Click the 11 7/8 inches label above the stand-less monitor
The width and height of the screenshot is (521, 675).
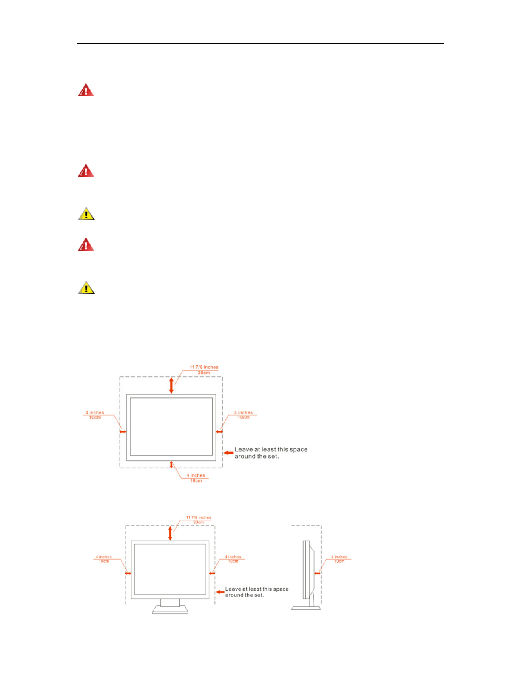(204, 367)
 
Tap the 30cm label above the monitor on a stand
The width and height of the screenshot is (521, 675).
(199, 523)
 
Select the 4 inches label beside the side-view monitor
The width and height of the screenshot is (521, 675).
(339, 557)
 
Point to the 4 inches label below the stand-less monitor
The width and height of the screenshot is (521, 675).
(196, 475)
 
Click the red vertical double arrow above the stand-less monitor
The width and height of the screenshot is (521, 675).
(171, 385)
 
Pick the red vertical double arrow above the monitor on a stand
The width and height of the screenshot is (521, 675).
(170, 533)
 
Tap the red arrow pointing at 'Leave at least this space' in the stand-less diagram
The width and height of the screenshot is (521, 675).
(229, 452)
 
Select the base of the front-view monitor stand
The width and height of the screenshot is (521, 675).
(170, 610)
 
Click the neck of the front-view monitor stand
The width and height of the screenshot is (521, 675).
(170, 603)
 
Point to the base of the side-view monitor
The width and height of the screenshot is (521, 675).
(305, 608)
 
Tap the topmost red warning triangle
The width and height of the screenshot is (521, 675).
(86, 90)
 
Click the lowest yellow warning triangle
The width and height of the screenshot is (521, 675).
(86, 288)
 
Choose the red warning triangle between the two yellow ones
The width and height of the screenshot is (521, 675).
(86, 245)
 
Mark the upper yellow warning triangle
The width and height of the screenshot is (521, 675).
(86, 214)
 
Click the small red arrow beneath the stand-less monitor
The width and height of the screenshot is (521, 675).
(171, 464)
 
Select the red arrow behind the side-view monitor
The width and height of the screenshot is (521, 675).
(317, 573)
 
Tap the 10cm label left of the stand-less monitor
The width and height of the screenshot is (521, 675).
(95, 418)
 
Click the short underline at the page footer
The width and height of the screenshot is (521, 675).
(84, 671)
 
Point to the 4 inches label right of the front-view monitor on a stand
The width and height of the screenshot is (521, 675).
(233, 557)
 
